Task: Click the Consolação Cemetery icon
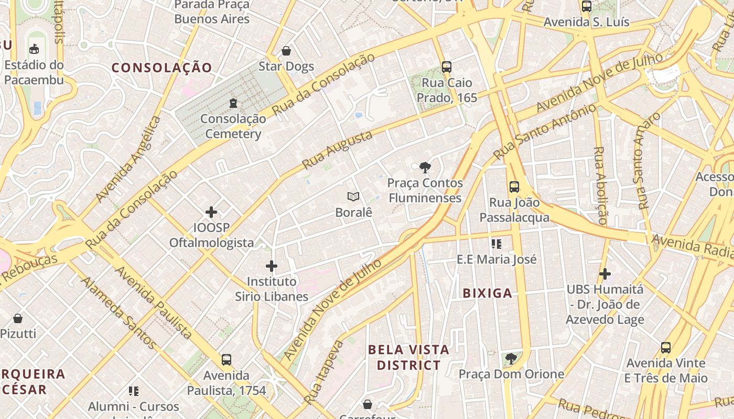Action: tap(233, 103)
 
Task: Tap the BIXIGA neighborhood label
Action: tap(487, 293)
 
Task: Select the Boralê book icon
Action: tap(353, 197)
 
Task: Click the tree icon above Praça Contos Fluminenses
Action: tap(425, 168)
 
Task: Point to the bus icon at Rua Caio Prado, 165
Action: tap(447, 67)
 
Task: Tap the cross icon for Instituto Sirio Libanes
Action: tap(271, 266)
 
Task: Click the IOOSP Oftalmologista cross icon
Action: tap(211, 212)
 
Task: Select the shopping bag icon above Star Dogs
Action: tap(286, 51)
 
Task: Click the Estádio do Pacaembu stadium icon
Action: tap(34, 49)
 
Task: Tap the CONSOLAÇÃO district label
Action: tap(161, 68)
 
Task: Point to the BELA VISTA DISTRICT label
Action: tap(408, 357)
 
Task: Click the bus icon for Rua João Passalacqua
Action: tap(514, 187)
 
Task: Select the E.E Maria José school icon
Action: tap(496, 244)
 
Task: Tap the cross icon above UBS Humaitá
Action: tap(605, 274)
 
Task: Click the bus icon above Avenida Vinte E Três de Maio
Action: tap(666, 348)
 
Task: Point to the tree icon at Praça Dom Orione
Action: tap(511, 359)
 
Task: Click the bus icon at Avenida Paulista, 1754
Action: tap(226, 360)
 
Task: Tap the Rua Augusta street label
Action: tap(338, 150)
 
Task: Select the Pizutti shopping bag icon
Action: tap(18, 318)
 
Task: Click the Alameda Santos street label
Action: tap(118, 313)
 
